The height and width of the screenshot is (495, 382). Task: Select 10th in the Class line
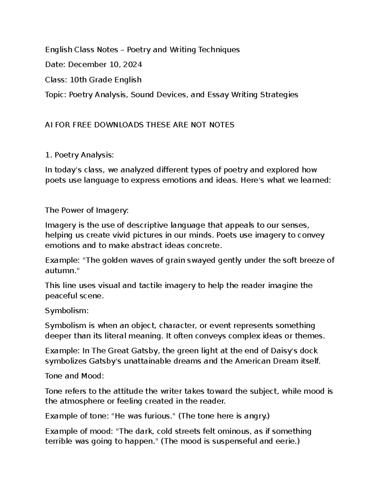coord(78,80)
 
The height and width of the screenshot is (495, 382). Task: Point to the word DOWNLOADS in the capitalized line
coord(117,125)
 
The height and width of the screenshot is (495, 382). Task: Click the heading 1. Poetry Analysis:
coord(79,155)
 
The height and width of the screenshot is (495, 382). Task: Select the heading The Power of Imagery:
coord(87,210)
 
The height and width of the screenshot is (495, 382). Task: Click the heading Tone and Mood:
coord(74,376)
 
